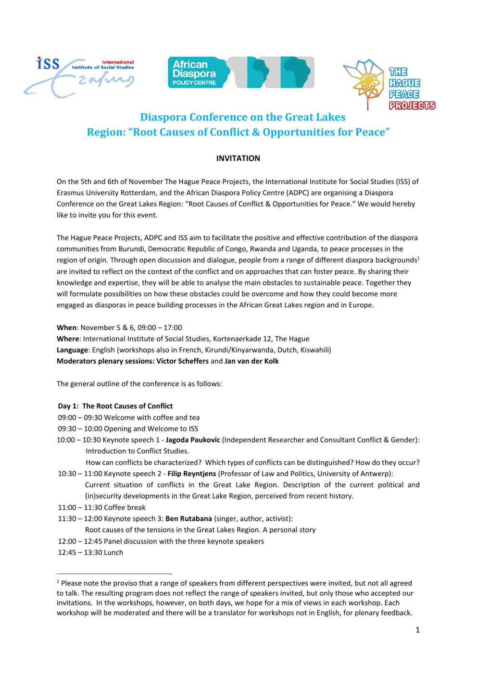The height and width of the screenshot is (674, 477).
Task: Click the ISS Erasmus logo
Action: coord(79,77)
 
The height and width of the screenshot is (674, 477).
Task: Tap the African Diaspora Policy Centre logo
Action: coord(240,73)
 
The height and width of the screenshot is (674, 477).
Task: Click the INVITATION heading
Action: coord(238,158)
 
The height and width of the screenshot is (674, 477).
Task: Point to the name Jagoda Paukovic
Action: coord(193,440)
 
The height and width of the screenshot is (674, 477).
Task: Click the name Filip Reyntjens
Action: coord(192,474)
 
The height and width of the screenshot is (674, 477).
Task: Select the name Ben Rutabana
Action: coord(188,519)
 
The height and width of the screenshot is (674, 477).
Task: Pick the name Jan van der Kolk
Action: coord(251,361)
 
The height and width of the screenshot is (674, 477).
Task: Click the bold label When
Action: coord(66,328)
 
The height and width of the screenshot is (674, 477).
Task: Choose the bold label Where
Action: coord(68,339)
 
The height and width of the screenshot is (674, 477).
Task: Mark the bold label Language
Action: coord(72,350)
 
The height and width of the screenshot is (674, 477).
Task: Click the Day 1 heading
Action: coord(115,406)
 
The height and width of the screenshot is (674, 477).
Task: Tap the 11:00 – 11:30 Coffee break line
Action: coord(101,507)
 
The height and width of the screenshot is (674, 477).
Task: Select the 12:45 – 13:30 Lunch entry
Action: coord(90,552)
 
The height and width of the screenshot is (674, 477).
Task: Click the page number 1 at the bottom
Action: coord(417,630)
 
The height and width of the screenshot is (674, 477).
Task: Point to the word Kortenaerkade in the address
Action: coord(236,339)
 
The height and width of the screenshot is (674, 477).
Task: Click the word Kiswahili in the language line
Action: coord(314,350)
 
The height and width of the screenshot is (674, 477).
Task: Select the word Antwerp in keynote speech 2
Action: coord(377,474)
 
